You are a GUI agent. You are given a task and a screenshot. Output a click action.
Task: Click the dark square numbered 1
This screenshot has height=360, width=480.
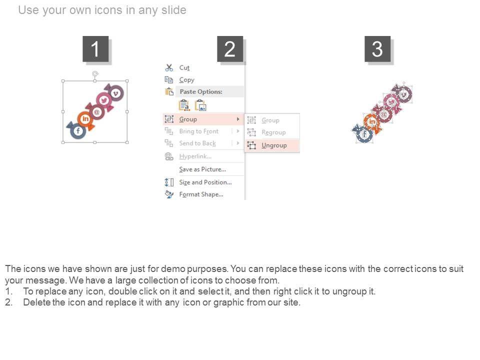point(95,49)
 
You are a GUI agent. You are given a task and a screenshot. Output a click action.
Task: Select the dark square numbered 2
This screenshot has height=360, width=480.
point(230,49)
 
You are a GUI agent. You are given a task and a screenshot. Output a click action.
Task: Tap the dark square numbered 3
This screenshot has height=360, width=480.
point(377,49)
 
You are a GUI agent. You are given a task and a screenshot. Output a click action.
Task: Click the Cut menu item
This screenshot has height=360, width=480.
point(184,67)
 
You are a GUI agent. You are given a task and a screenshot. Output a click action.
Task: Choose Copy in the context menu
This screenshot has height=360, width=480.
point(186,80)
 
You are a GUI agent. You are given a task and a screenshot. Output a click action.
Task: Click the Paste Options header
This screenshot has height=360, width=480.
point(201,91)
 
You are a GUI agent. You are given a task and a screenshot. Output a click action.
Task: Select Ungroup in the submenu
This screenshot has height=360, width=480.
point(274,145)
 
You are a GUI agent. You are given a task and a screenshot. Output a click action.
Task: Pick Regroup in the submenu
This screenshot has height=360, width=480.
point(273,132)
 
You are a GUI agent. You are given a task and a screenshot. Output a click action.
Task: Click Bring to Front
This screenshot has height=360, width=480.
point(199,131)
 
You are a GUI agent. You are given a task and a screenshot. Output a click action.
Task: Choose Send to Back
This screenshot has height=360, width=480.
point(197,143)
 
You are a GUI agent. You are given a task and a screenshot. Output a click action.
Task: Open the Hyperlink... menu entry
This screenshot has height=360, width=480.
point(195,156)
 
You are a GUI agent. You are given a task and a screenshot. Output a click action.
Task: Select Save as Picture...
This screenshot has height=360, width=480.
point(202,169)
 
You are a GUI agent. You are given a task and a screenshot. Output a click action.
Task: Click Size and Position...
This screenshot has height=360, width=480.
point(205,182)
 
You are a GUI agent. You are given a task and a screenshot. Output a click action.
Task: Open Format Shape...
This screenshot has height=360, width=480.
point(201,194)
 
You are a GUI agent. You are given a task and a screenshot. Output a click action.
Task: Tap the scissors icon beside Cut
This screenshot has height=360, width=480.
point(169,67)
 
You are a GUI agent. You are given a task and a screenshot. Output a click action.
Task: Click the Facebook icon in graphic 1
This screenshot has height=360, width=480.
point(78,131)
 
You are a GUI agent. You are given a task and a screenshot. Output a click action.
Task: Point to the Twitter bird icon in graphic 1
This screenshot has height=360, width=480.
point(103,100)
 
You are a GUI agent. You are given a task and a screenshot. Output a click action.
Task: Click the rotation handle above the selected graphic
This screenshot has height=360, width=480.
point(95,74)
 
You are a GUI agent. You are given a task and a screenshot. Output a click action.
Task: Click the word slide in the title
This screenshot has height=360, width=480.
point(174,10)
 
